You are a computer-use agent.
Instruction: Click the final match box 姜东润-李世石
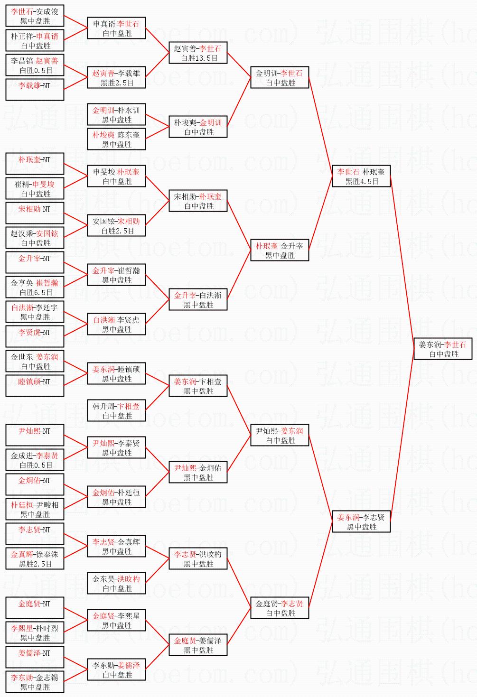443,349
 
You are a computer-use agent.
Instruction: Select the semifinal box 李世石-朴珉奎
361,176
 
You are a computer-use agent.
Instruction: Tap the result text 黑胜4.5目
362,181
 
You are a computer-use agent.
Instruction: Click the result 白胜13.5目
199,58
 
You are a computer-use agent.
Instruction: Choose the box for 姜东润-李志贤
361,521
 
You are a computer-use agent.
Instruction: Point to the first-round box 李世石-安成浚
35,16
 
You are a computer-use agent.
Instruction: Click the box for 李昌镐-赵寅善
35,65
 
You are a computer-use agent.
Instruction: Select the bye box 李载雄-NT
35,90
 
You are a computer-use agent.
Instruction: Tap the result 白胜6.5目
36,292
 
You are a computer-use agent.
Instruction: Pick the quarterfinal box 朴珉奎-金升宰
280,250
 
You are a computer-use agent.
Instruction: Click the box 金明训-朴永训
116,114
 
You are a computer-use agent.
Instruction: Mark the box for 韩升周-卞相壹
116,410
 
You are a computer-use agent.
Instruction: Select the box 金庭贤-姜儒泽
198,645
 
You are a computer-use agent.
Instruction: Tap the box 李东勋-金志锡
35,682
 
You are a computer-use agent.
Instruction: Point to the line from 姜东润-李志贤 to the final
402,435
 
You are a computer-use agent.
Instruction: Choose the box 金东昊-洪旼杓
116,583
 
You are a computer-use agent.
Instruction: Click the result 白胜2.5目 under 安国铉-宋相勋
118,231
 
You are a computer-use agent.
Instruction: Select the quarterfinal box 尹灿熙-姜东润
280,435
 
